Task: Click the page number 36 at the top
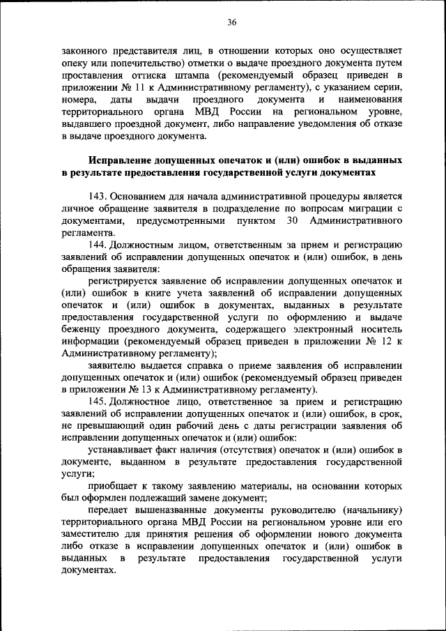click(231, 22)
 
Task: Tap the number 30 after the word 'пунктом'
click(293, 220)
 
